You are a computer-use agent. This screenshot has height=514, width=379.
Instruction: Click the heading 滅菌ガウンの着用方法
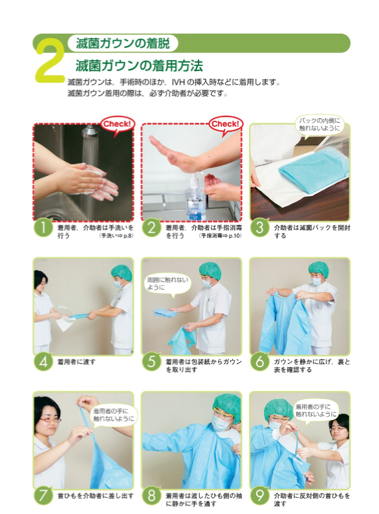pos(139,65)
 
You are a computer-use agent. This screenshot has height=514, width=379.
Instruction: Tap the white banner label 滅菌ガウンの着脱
pos(123,44)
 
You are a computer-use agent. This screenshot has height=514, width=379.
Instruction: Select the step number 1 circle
pos(43,228)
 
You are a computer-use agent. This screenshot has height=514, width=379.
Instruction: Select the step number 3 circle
pos(260,228)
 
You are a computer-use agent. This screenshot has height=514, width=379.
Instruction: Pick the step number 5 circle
pos(151,361)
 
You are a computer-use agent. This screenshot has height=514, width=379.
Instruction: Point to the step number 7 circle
pos(43,495)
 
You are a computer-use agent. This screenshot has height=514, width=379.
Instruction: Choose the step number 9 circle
pos(260,495)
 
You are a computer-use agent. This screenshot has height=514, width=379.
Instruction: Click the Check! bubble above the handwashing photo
pos(117,123)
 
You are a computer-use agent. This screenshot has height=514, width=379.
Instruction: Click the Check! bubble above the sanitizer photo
pos(226,123)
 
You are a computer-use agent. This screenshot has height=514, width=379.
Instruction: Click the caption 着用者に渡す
pos(77,361)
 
